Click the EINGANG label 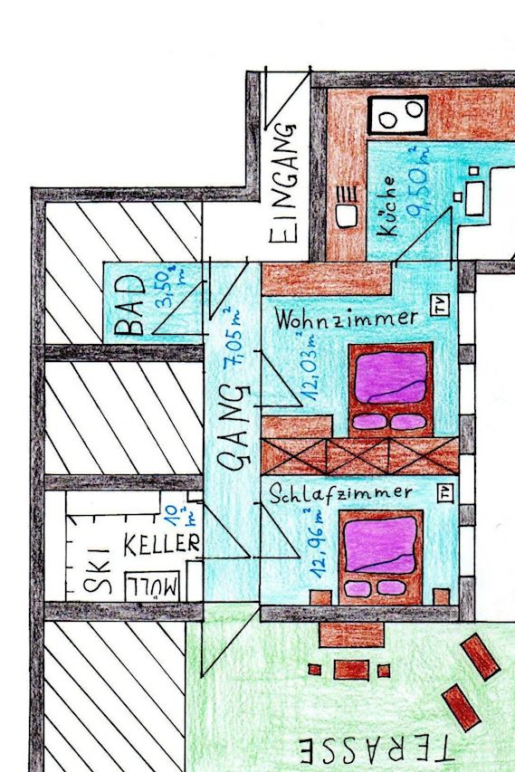(x=284, y=183)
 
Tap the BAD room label (x=130, y=305)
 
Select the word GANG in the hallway (x=234, y=427)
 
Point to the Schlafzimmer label (x=340, y=493)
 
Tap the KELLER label (x=162, y=544)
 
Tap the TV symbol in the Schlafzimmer (x=445, y=492)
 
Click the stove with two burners (x=398, y=115)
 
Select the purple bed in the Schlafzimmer (x=381, y=557)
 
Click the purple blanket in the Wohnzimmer (x=391, y=377)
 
